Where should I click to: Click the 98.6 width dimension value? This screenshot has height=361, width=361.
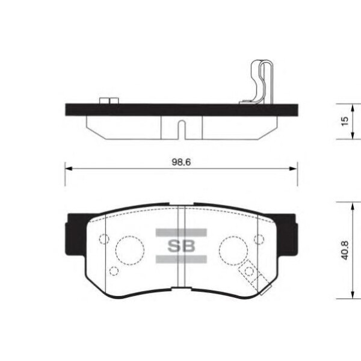[181, 162]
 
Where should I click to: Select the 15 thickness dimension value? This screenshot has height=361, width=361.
[345, 122]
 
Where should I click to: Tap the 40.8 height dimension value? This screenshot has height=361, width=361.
[345, 250]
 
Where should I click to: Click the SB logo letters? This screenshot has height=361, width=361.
[181, 246]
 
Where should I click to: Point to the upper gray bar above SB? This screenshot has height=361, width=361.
[181, 232]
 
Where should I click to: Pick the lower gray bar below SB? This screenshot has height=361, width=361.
[181, 259]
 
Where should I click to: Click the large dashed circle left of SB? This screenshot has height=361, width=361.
[116, 250]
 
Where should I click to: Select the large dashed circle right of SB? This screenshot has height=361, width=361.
[220, 250]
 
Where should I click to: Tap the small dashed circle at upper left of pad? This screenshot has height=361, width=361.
[99, 239]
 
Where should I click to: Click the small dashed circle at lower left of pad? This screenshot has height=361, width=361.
[110, 271]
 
